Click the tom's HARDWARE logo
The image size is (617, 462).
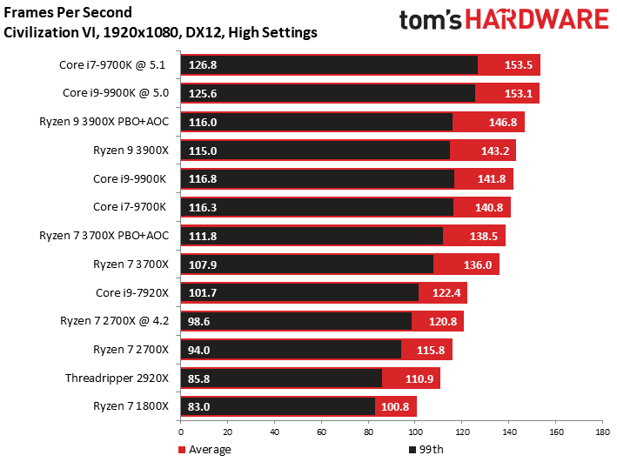(x=504, y=19)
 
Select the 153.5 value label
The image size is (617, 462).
(x=519, y=65)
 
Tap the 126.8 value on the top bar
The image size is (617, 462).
(x=203, y=65)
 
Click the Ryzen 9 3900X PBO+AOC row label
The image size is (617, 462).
(x=104, y=122)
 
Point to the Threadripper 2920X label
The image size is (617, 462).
(x=117, y=378)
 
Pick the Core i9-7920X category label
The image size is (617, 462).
(x=132, y=293)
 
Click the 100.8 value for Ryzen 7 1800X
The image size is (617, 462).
(x=395, y=406)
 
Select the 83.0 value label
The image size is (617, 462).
(x=198, y=406)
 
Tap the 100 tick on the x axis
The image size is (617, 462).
(x=415, y=432)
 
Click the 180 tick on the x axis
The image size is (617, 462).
(x=602, y=432)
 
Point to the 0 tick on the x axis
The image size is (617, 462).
(x=181, y=432)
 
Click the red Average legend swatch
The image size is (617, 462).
(x=182, y=450)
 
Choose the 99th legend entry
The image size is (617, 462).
(x=426, y=450)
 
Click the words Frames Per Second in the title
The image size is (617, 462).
(x=68, y=12)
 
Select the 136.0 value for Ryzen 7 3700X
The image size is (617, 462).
(x=478, y=264)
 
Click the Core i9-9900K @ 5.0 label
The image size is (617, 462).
(x=116, y=93)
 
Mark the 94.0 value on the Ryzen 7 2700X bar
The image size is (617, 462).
(x=198, y=350)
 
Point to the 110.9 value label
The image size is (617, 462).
(x=419, y=378)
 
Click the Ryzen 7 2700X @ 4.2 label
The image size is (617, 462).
(x=115, y=321)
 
